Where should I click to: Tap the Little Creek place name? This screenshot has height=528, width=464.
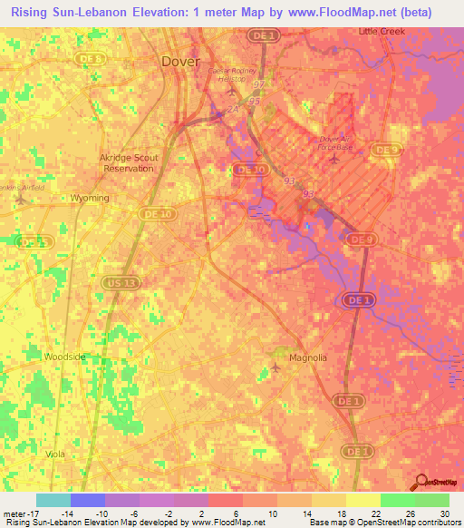[x=382, y=31]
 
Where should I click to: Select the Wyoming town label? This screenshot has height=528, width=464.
[x=90, y=198]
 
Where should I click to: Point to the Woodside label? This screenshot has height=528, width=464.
[x=64, y=357]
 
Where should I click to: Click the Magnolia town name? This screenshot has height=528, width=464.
[x=307, y=357]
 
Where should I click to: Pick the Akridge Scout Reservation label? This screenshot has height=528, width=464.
[x=128, y=163]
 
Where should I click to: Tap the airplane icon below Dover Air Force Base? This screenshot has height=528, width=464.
[x=334, y=160]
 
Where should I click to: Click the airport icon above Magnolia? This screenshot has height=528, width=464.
[x=276, y=367]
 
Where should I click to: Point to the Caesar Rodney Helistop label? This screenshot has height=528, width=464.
[x=235, y=74]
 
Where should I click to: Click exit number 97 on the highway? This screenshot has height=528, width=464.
[x=260, y=84]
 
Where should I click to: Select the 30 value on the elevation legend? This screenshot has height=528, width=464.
[x=445, y=514]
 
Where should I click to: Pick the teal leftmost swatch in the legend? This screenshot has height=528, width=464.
[x=53, y=500]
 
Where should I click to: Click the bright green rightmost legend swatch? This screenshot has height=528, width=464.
[x=432, y=500]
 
